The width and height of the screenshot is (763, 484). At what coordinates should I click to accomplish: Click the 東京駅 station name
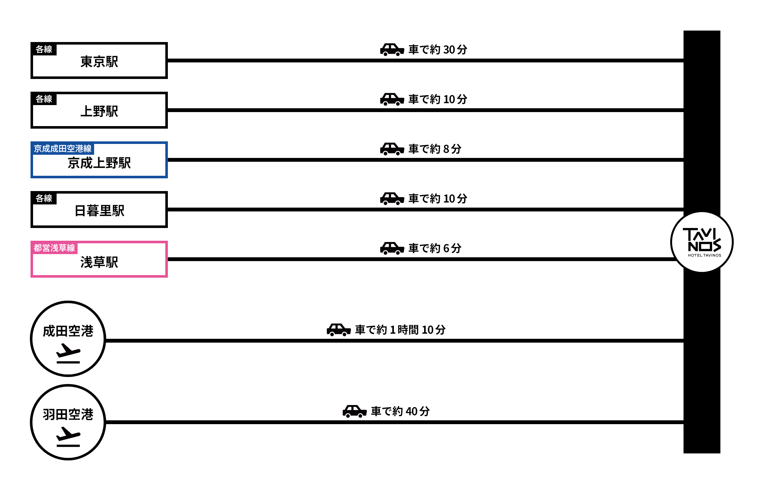coord(99,62)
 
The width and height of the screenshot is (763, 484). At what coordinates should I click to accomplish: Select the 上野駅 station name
coord(99,111)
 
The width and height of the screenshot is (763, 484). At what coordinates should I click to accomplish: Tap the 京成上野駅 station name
coord(99,163)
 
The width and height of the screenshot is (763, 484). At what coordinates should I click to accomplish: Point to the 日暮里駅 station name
coord(99,211)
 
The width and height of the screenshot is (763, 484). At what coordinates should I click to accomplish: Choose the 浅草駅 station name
coord(99,262)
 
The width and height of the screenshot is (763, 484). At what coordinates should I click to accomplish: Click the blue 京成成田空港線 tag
coord(63,149)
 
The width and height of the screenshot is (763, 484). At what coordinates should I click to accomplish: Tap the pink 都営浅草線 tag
coord(54,248)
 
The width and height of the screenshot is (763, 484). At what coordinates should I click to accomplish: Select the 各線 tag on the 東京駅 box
coord(44,49)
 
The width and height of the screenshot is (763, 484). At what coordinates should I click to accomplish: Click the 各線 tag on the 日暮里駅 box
coord(44,198)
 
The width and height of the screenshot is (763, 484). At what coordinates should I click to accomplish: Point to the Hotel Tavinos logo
coord(702,242)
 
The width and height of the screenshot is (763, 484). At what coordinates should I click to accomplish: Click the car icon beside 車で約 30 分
coord(392,50)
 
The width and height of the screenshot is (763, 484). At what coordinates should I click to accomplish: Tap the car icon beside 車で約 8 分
coord(392,149)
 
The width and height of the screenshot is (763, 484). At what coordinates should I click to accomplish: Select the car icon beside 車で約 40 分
coord(354,411)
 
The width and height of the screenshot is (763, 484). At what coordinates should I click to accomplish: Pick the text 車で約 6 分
coord(435,248)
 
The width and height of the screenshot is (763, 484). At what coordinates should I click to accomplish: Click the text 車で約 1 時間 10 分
coord(400,330)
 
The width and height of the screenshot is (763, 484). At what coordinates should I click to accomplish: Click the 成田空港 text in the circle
coord(68,331)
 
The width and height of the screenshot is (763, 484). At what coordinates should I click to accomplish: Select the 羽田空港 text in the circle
coord(68,415)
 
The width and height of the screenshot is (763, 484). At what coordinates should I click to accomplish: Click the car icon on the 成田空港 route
coord(339,330)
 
